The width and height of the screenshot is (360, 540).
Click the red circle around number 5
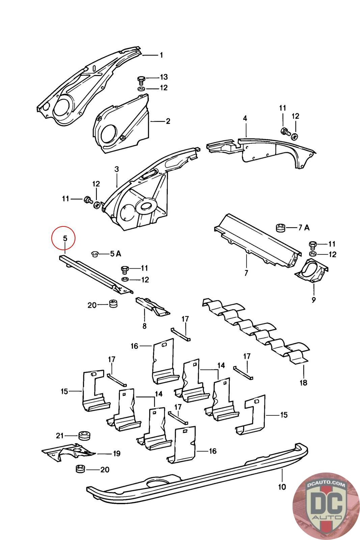(x=64, y=238)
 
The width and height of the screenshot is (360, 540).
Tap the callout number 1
(x=162, y=55)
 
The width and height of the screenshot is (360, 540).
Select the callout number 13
(x=164, y=77)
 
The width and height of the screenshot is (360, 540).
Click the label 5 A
(x=115, y=253)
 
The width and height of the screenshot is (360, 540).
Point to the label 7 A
(x=304, y=227)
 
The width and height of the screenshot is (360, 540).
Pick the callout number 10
(x=282, y=487)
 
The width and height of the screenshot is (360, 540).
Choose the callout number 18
(x=303, y=382)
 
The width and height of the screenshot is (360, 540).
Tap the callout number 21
(x=59, y=436)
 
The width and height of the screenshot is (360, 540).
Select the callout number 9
(x=313, y=300)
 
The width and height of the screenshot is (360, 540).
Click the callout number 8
(x=144, y=326)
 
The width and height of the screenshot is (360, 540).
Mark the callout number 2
(x=168, y=121)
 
